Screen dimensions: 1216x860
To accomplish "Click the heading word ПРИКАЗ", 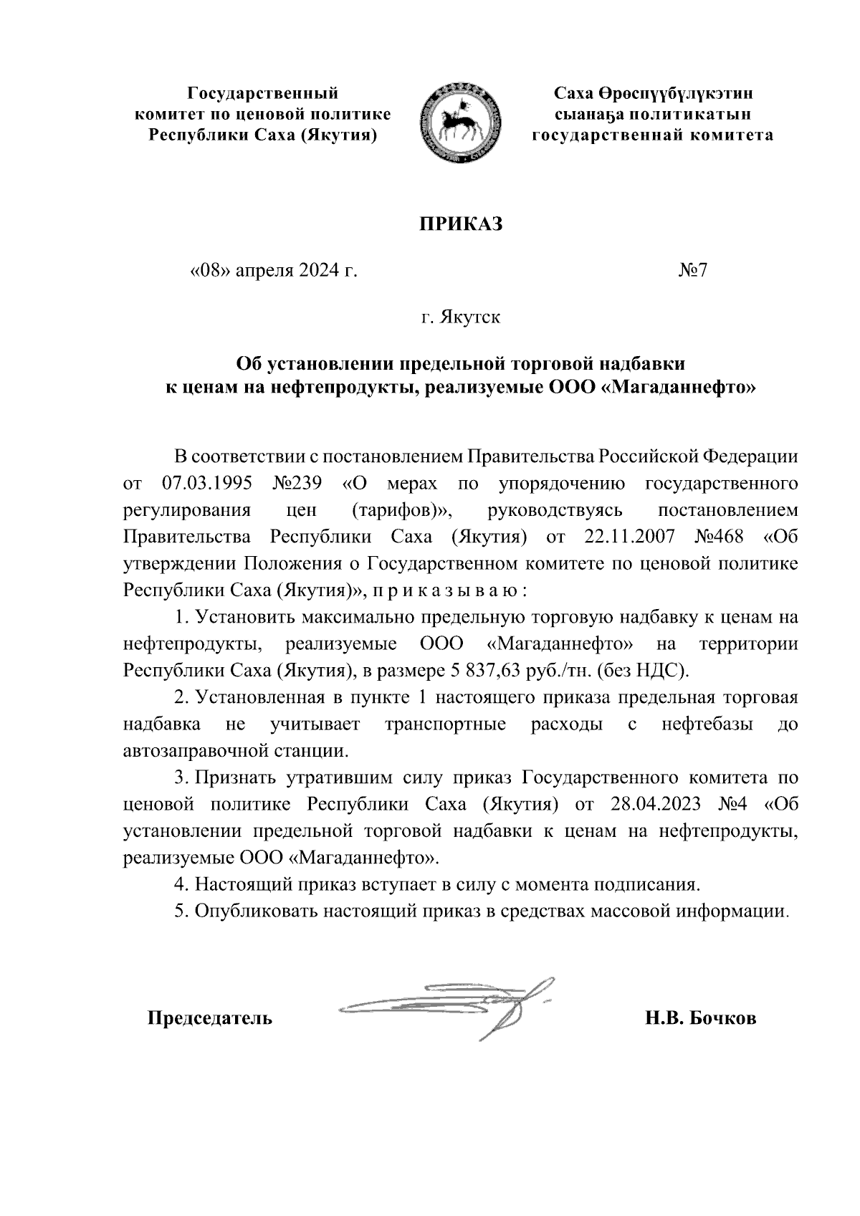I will (462, 224).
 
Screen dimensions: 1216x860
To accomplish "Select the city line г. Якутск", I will (461, 316).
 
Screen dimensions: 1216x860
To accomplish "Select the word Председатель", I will (210, 1018).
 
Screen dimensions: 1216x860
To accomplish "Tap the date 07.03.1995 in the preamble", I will (206, 483).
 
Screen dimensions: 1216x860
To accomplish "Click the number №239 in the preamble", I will (297, 483).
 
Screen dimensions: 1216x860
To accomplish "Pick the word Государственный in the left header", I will (262, 93).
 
